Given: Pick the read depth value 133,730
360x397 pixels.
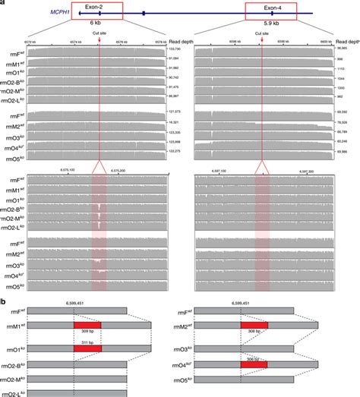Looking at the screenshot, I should pos(177,48).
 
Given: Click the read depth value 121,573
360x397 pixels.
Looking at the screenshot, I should pos(177,112).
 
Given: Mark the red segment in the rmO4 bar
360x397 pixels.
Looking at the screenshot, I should pos(254,365).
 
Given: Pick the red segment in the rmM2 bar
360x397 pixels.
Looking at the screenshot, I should pos(254,325).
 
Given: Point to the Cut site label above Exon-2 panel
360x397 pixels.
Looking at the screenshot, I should pos(99,34).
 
